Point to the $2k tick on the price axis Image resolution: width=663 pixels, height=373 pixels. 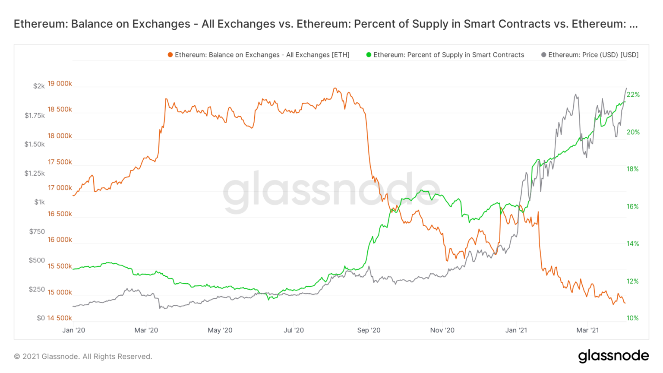click(x=39, y=86)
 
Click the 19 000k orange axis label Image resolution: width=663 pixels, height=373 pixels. click(x=60, y=83)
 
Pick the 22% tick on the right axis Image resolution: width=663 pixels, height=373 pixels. click(x=633, y=95)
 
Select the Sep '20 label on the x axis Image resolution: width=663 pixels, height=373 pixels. click(x=369, y=330)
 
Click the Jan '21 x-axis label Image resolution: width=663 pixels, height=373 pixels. click(x=516, y=330)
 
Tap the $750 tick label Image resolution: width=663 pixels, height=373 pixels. click(x=37, y=231)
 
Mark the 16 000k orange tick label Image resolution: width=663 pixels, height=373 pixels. click(x=60, y=240)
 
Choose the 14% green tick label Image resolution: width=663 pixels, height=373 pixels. click(x=632, y=244)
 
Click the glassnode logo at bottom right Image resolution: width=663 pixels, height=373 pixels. click(x=613, y=356)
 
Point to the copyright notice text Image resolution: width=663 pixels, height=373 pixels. click(x=83, y=357)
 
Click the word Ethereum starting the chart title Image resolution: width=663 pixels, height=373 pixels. click(x=40, y=24)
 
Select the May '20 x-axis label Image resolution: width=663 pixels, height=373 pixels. click(x=220, y=330)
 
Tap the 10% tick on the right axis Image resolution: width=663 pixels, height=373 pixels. click(x=632, y=318)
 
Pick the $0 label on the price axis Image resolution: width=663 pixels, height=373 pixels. click(x=41, y=318)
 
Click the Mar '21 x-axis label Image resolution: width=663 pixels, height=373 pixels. click(x=587, y=330)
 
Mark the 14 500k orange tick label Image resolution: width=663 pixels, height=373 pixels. click(x=60, y=318)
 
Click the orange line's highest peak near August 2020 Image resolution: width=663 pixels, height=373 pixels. click(x=335, y=88)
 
